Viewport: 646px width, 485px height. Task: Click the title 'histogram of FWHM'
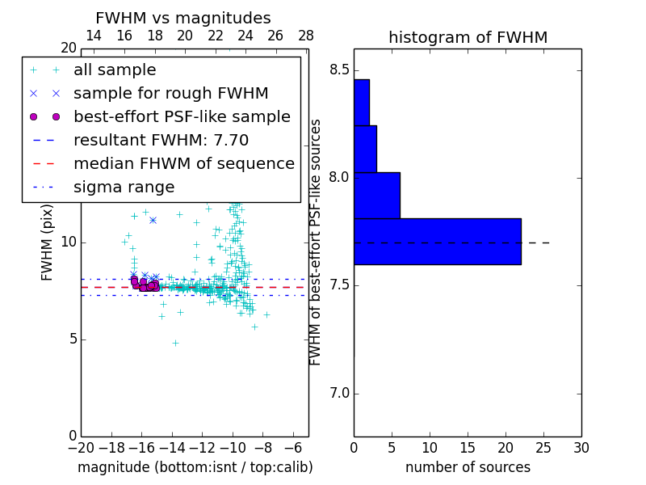[468, 38]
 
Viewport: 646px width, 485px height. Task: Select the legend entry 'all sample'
[115, 70]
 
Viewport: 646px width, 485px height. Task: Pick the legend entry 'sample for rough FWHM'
[170, 94]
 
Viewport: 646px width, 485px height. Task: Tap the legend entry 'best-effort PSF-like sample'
[182, 117]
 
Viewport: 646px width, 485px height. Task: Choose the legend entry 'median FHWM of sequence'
[183, 164]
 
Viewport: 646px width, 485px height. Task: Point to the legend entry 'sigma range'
[124, 188]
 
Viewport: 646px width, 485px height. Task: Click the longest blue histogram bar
[437, 241]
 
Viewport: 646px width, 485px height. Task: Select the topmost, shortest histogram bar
[361, 102]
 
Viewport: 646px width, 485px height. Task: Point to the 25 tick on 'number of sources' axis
[543, 448]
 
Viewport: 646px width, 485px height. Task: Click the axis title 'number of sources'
[468, 468]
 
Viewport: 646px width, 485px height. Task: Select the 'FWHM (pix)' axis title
[48, 242]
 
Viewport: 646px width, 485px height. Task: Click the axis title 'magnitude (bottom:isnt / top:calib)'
[195, 468]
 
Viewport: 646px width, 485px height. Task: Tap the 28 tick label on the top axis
[306, 36]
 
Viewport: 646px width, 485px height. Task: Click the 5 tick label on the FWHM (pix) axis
[71, 339]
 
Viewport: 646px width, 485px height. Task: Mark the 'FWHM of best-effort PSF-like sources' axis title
[316, 242]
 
